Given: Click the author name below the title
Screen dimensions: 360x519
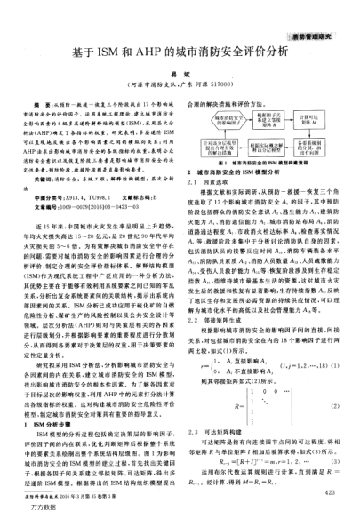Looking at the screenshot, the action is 178,77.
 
